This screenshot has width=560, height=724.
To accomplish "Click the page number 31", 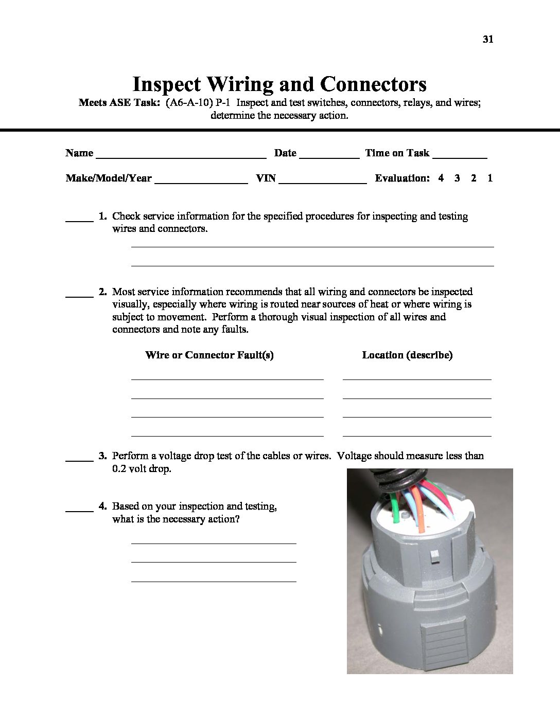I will (x=488, y=39).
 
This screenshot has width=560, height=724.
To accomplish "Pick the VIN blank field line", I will (x=322, y=182).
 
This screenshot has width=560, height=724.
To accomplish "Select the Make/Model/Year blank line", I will (x=201, y=182).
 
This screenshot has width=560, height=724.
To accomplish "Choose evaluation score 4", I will (x=441, y=178).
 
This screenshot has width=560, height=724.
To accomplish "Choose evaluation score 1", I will (x=490, y=178).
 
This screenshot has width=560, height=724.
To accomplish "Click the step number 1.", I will (x=102, y=216).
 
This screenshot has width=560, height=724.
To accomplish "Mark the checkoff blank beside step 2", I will (x=79, y=296).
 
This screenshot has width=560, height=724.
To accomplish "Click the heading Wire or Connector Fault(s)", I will (x=209, y=355).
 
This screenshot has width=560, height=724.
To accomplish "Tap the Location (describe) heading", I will (x=407, y=355).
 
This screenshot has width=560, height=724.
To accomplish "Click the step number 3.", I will (x=102, y=456).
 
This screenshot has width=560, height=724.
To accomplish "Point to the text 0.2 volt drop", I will (x=142, y=468).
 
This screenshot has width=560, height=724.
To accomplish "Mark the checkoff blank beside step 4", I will (x=79, y=510).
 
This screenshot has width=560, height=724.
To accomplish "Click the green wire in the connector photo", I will (x=396, y=506).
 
